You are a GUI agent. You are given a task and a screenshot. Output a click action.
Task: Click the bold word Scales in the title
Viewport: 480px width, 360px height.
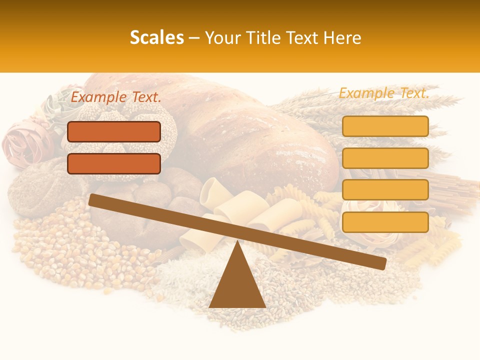156,38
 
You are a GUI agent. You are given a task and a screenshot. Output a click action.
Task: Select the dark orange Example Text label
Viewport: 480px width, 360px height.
116,97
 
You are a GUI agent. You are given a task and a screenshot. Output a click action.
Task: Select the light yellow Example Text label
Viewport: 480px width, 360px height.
384,93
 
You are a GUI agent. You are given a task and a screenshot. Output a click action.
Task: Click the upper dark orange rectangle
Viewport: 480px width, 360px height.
114,131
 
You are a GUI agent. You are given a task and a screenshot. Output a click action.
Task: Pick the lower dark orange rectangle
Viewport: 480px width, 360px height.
114,163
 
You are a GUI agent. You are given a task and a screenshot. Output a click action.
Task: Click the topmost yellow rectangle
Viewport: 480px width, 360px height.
385,126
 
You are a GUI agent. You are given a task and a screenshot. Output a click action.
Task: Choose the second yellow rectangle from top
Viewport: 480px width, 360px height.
385,158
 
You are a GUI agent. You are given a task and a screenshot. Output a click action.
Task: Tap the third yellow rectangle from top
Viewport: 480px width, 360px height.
385,190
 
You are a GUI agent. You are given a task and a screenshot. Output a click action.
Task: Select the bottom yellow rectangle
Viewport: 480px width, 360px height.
385,222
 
